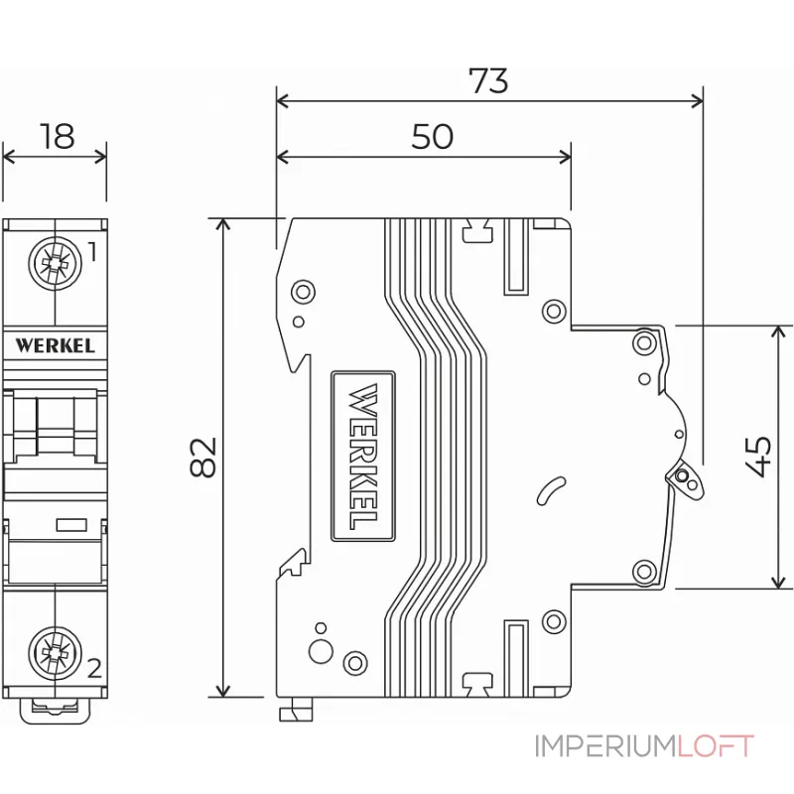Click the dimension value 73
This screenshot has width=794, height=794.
tap(488, 79)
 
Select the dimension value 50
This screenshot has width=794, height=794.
tap(432, 136)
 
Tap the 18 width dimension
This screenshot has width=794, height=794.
tap(58, 136)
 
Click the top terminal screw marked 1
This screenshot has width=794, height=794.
tap(54, 263)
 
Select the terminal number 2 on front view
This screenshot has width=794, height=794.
tap(93, 667)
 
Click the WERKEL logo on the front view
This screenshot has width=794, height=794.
tap(56, 345)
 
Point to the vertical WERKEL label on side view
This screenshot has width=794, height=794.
tap(363, 456)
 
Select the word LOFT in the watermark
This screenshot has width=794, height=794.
tap(717, 746)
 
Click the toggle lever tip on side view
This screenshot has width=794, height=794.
tap(685, 479)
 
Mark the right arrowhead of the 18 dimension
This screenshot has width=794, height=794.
tap(101, 155)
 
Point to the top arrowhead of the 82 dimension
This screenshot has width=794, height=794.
tap(224, 223)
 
